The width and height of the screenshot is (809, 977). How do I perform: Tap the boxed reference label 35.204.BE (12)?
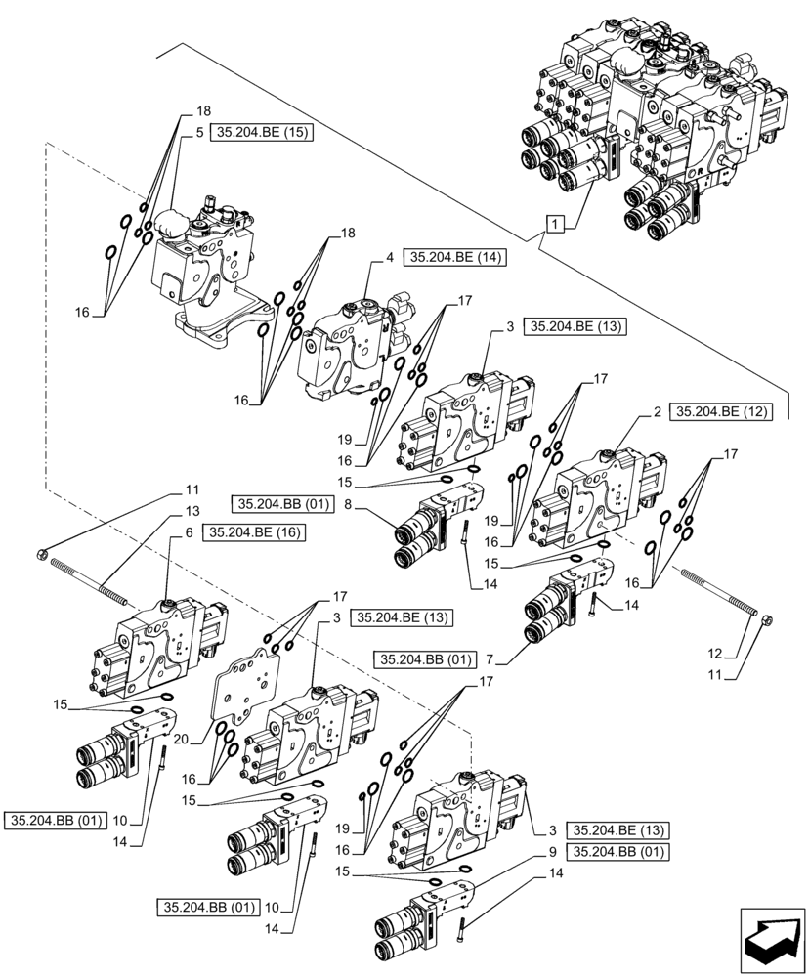pos(721,413)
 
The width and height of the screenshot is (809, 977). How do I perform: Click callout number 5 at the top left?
pos(198,133)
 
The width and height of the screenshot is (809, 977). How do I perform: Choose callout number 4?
pos(389,258)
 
